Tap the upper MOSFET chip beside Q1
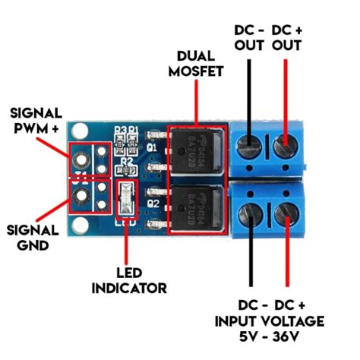(197, 150)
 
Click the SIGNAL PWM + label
(36, 121)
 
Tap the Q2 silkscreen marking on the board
(151, 204)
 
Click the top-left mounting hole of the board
(78, 131)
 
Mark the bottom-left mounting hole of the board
(78, 226)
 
